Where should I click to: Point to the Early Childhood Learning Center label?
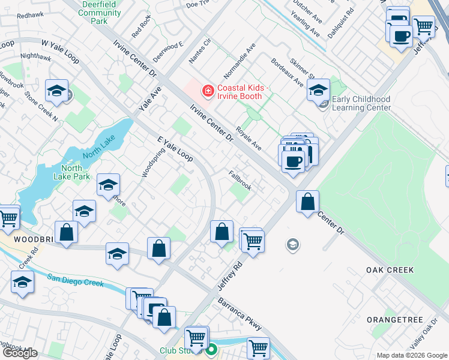pos(361,104)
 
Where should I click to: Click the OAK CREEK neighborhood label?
pos(390,270)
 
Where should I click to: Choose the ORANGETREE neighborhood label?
pos(395,320)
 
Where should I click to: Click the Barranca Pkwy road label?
pos(240,314)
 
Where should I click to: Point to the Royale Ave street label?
pos(249,138)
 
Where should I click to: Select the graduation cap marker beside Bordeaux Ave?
pos(318,91)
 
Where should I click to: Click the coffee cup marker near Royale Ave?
pos(293,161)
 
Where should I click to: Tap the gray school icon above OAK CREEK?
pos(293,244)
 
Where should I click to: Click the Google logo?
pos(20,353)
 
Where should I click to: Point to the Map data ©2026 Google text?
pos(411,355)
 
